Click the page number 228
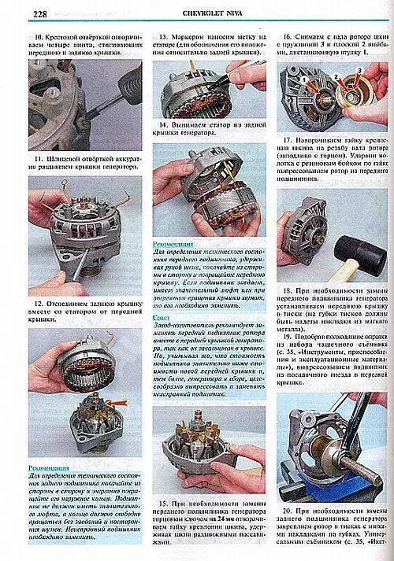(20, 13)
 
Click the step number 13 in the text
(163, 38)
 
